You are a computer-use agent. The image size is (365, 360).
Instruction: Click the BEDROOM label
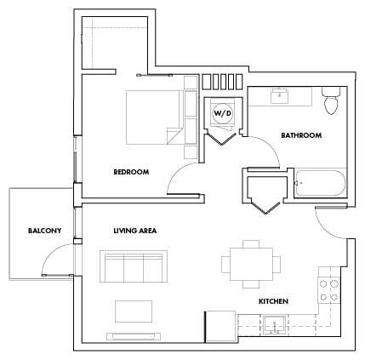[131, 172]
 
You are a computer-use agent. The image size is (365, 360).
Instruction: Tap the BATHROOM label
[301, 134]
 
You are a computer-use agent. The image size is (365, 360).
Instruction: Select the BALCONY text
[44, 231]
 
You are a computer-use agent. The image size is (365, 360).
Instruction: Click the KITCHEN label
[273, 301]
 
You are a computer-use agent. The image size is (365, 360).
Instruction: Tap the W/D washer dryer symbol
[222, 112]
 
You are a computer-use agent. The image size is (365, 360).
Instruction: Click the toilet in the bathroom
[332, 101]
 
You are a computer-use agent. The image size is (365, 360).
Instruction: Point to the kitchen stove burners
[328, 290]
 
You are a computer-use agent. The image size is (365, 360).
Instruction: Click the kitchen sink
[274, 323]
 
